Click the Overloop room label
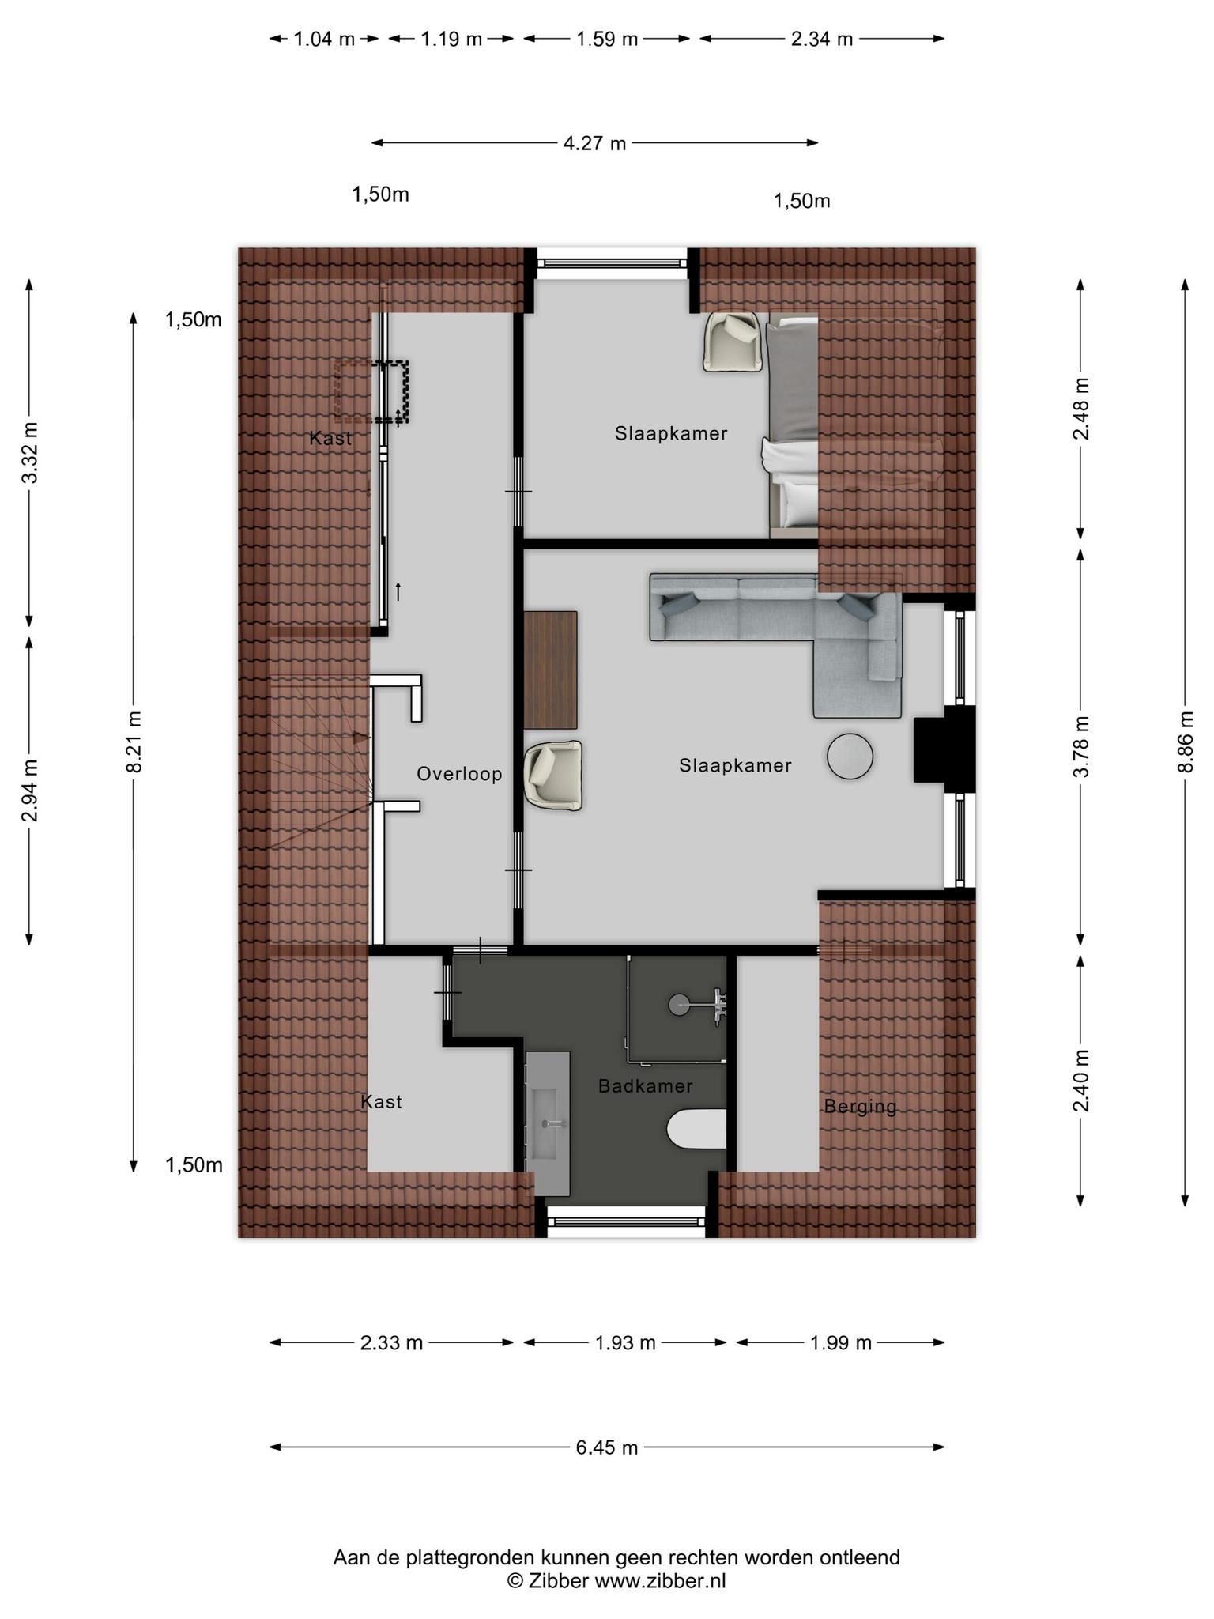tap(459, 774)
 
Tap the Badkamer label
tap(645, 1086)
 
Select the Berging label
tap(860, 1107)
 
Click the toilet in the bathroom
tap(696, 1129)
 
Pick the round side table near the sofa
tap(850, 757)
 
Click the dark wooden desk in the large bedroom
tap(550, 670)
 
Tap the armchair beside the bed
tap(733, 342)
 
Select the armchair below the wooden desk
tap(554, 776)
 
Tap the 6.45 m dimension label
tap(606, 1447)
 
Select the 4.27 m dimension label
tap(594, 143)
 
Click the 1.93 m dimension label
tap(625, 1342)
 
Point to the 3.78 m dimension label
tap(1081, 746)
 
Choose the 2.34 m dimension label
tap(822, 39)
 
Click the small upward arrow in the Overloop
tap(398, 591)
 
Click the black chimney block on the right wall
tap(944, 744)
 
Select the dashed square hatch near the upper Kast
tap(371, 391)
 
